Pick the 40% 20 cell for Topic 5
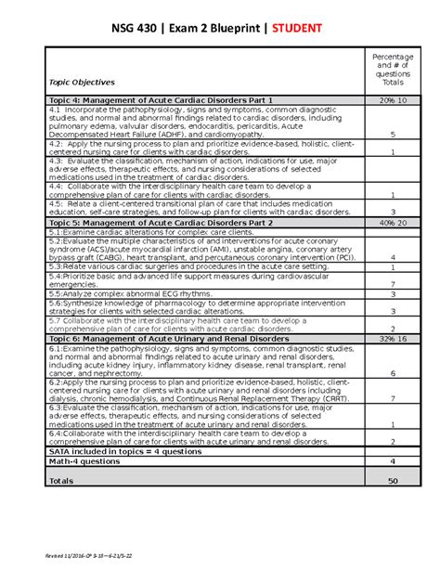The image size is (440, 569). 393,224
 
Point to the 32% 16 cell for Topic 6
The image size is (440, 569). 393,340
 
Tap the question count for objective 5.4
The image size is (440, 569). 393,284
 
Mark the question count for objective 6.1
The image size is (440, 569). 393,372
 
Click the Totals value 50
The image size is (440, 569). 393,481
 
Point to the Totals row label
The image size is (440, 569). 62,481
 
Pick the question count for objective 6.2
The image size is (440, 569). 393,399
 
